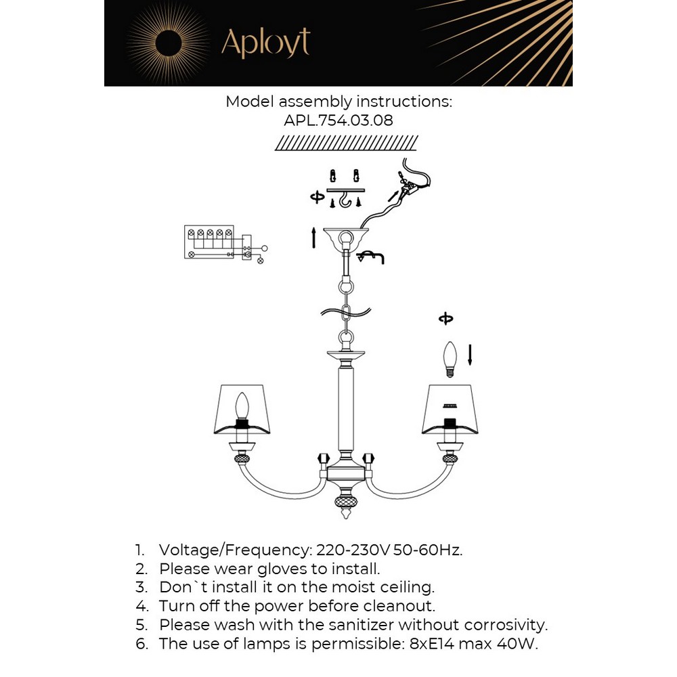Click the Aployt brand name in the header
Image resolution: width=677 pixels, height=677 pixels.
(x=265, y=43)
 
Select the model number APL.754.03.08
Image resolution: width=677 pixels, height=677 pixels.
(x=338, y=120)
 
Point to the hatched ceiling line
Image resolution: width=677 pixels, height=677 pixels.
(x=347, y=143)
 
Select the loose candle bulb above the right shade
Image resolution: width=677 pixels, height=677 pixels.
(x=448, y=359)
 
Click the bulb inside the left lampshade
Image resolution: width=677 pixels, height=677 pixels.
(x=242, y=407)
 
